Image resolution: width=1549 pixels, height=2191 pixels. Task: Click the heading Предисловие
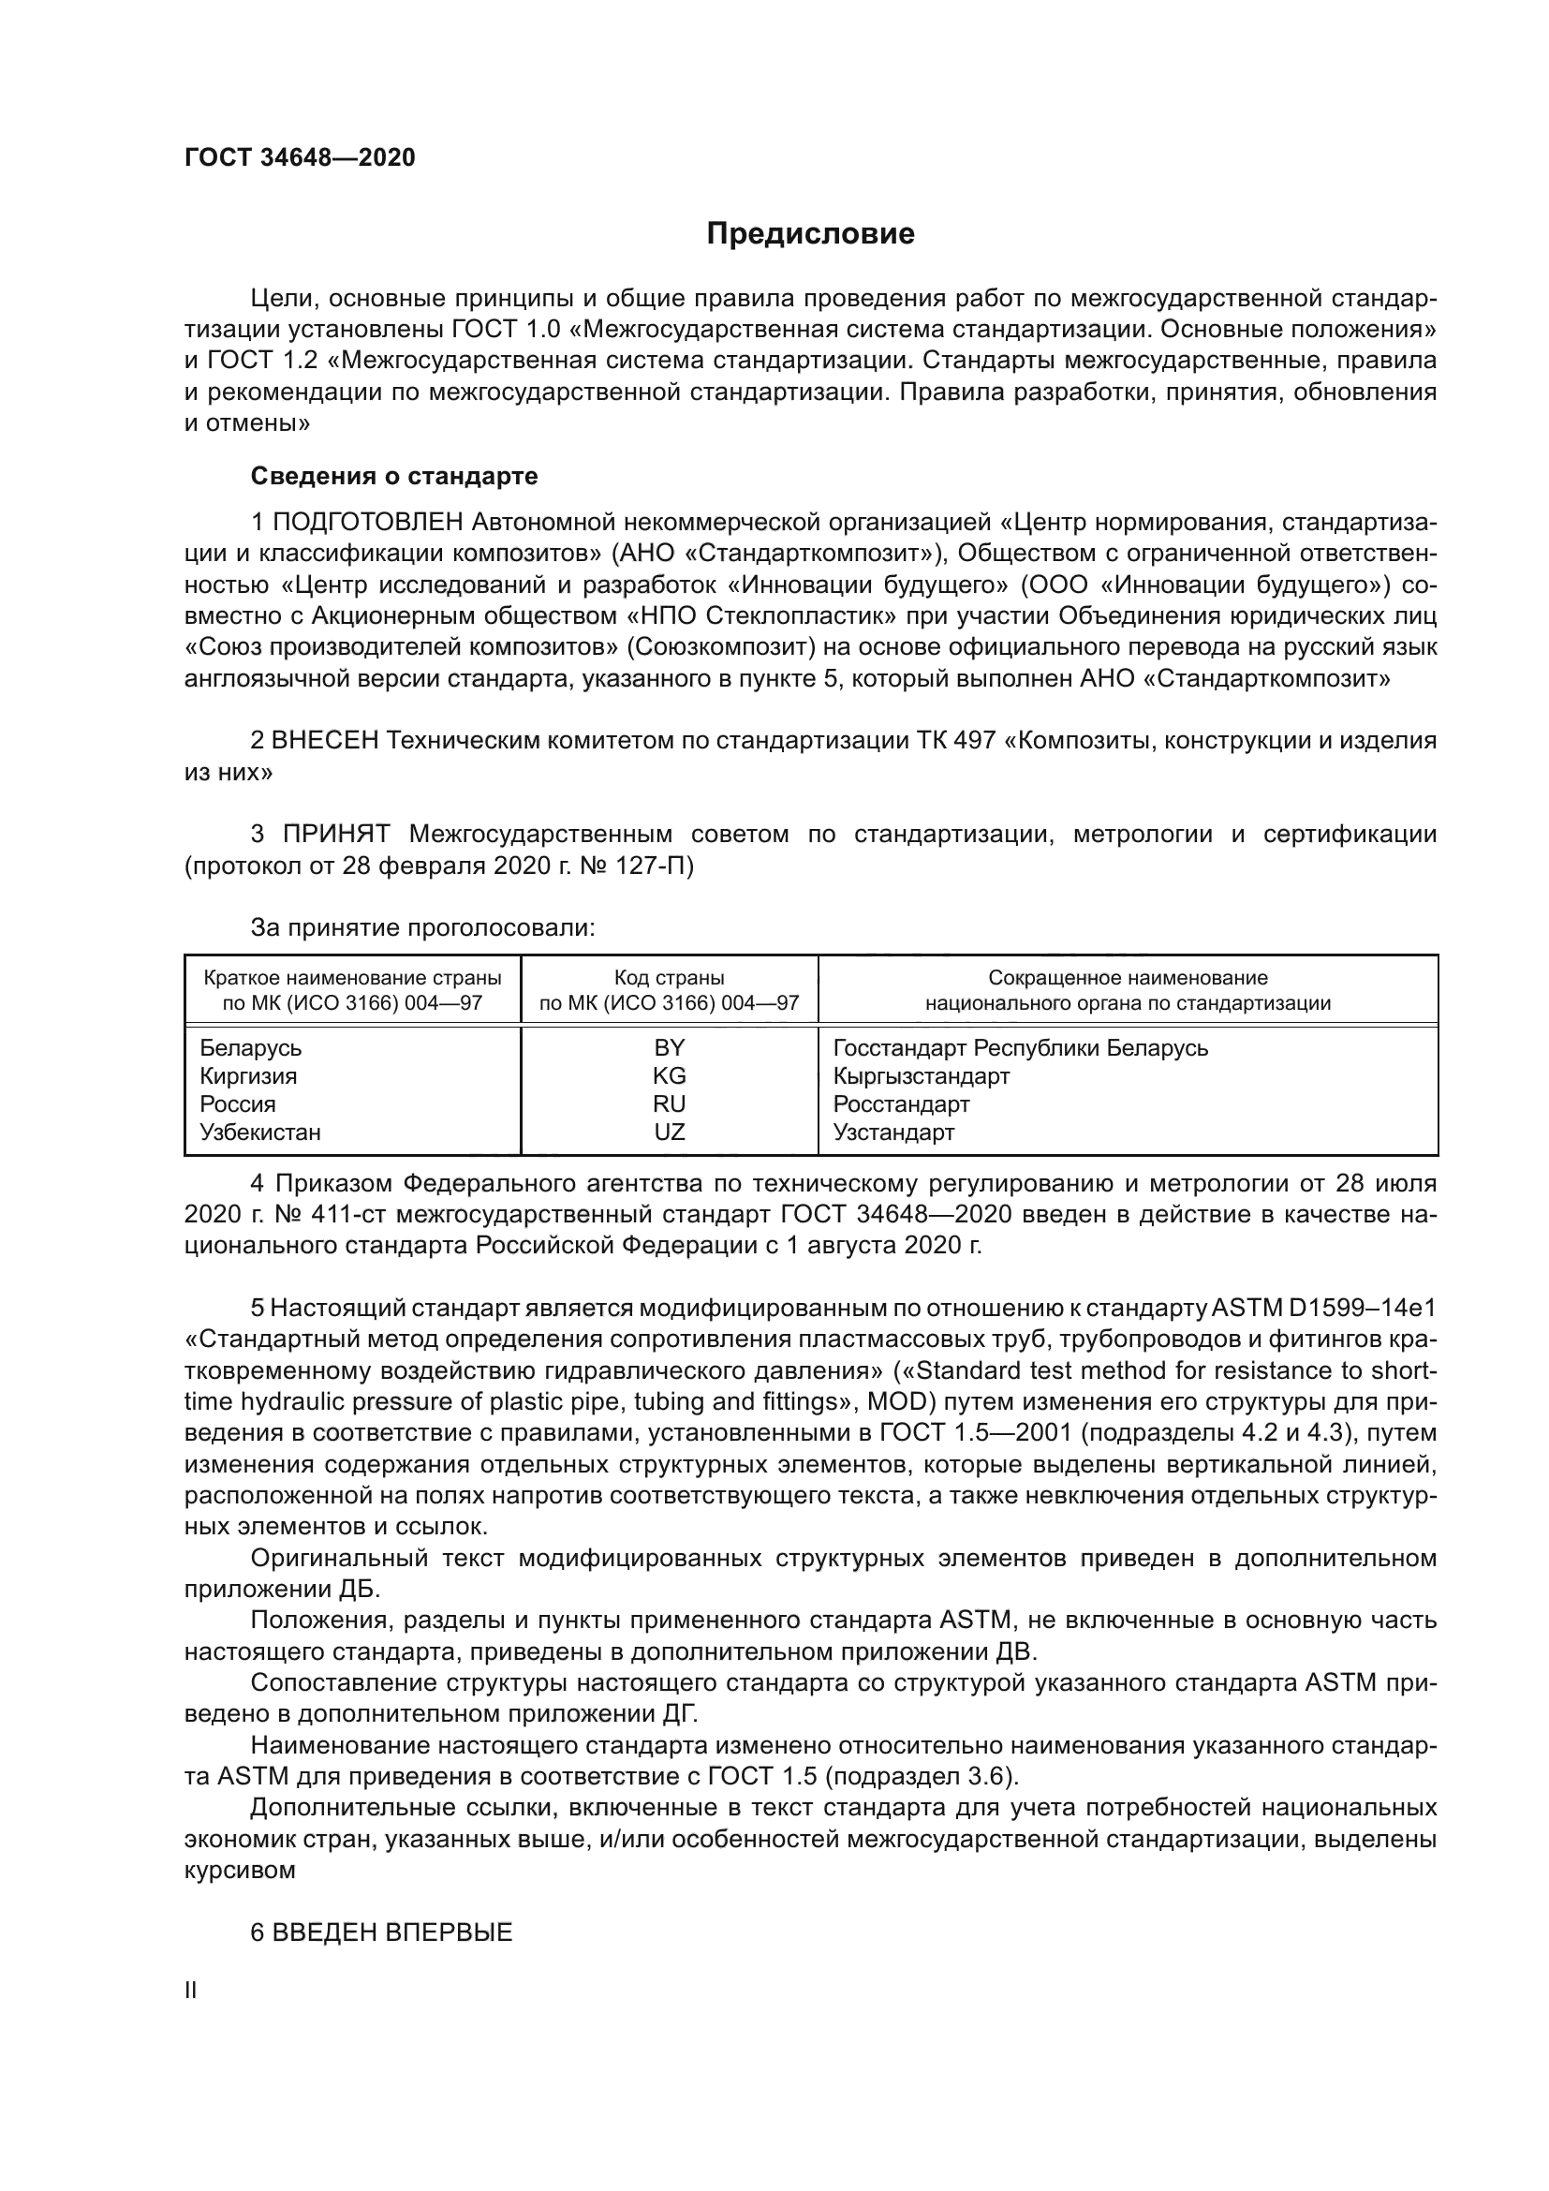pyautogui.click(x=810, y=234)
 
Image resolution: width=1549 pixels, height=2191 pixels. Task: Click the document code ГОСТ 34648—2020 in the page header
pyautogui.click(x=300, y=158)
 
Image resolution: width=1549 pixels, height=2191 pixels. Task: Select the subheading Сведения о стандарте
pyautogui.click(x=394, y=475)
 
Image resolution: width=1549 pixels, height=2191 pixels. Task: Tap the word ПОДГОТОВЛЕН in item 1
pyautogui.click(x=368, y=522)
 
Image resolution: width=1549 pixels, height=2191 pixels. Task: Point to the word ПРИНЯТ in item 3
pyautogui.click(x=336, y=834)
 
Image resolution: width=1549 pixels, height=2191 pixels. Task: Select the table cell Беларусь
pyautogui.click(x=250, y=1048)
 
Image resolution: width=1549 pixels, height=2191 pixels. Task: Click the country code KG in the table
pyautogui.click(x=669, y=1075)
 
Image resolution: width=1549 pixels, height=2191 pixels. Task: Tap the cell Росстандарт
pyautogui.click(x=900, y=1104)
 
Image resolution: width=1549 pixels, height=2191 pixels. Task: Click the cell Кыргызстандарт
pyautogui.click(x=921, y=1075)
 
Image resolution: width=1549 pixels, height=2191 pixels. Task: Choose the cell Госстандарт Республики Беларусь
pyautogui.click(x=1020, y=1048)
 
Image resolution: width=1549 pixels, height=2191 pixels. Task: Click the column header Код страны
pyautogui.click(x=669, y=977)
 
